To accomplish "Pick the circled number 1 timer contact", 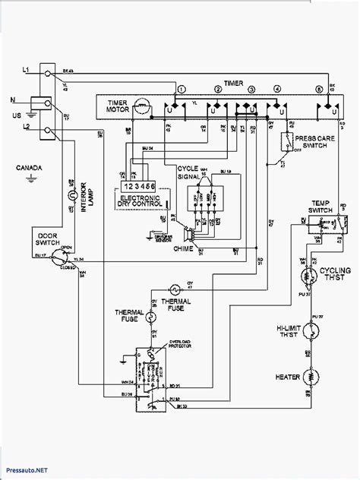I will click(181, 90).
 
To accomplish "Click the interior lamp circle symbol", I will click(74, 196).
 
